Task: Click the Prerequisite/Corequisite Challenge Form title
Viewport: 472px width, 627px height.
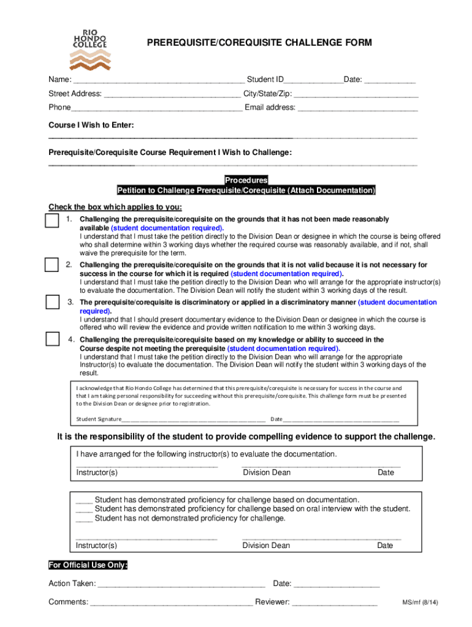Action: pyautogui.click(x=259, y=43)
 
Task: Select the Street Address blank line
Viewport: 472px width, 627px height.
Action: pyautogui.click(x=172, y=96)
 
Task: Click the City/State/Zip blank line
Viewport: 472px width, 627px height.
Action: pyautogui.click(x=356, y=96)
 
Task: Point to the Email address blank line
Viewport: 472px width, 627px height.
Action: pyautogui.click(x=357, y=109)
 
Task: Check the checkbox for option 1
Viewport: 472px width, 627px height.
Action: pyautogui.click(x=51, y=220)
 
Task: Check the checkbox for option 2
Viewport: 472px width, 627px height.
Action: pyautogui.click(x=51, y=265)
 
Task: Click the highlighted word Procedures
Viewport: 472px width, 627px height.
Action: pyautogui.click(x=246, y=181)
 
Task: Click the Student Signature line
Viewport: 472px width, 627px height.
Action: pyautogui.click(x=193, y=420)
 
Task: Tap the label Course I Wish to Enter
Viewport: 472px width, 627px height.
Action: pyautogui.click(x=91, y=125)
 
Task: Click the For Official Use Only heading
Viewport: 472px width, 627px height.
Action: pyautogui.click(x=88, y=565)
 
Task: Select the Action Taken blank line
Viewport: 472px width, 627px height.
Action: pyautogui.click(x=181, y=585)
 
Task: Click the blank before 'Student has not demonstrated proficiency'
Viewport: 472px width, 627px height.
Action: pyautogui.click(x=84, y=519)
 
